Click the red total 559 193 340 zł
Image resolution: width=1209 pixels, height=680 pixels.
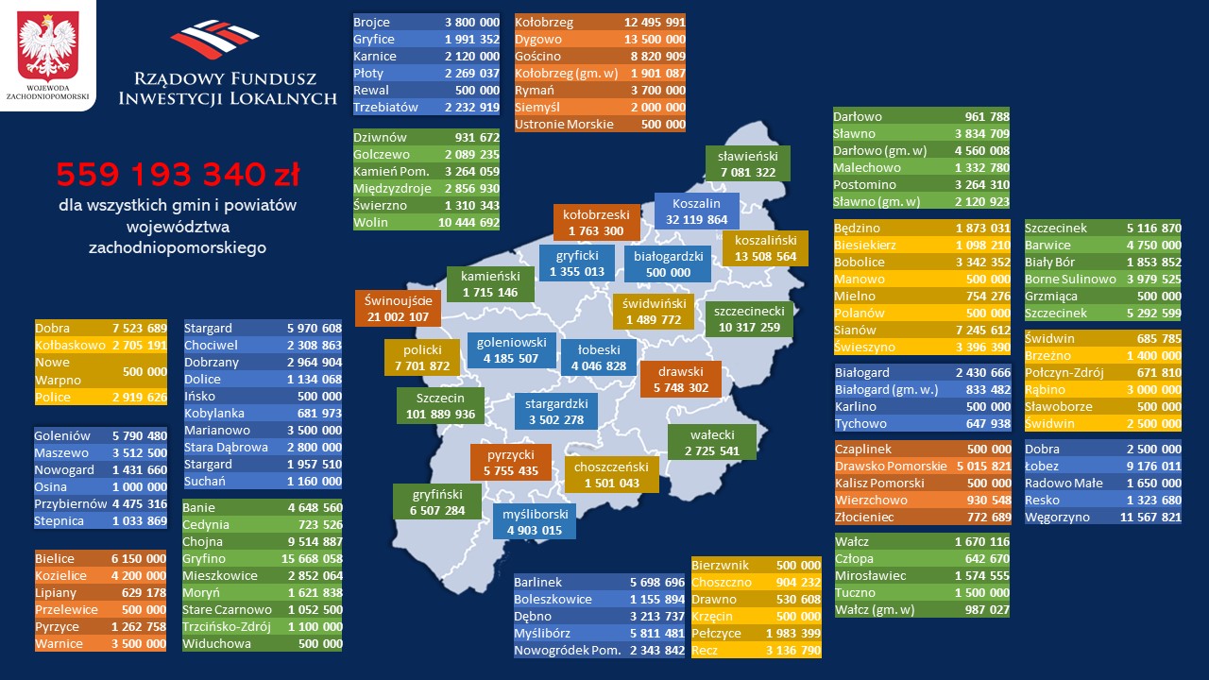point(178,176)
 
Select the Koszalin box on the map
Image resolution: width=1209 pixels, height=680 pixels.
point(697,211)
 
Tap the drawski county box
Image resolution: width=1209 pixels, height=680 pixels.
point(680,379)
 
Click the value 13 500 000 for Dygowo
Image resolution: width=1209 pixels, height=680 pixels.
point(654,40)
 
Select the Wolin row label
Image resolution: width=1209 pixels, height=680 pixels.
point(371,223)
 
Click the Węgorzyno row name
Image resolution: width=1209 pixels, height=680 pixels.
point(1057,518)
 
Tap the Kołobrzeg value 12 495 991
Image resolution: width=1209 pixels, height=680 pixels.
point(654,23)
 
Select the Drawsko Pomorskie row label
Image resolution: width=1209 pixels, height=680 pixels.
point(891,467)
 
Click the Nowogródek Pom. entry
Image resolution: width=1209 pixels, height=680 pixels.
point(568,651)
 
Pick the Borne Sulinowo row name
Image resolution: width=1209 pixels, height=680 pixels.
point(1070,280)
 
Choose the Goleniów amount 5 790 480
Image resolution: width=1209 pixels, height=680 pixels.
point(139,436)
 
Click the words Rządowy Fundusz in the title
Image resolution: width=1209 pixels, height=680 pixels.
point(228,77)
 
